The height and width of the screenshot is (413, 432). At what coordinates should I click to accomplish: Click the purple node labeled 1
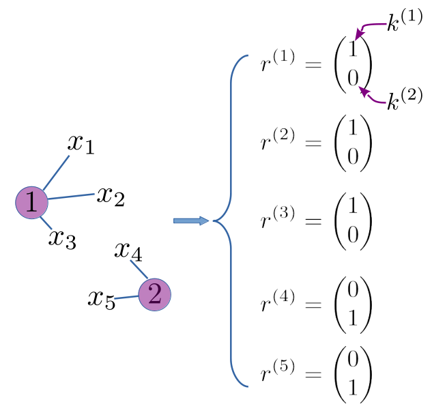[x=31, y=202]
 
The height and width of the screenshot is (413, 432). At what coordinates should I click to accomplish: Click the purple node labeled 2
[x=154, y=295]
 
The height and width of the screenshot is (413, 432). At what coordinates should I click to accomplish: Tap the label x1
[x=81, y=143]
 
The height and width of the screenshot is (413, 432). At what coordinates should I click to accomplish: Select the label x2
[x=111, y=196]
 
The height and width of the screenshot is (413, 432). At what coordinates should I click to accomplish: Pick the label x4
[x=128, y=251]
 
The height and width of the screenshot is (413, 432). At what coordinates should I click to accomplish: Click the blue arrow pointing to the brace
[x=191, y=220]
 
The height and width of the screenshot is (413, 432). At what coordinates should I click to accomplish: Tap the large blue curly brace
[x=231, y=220]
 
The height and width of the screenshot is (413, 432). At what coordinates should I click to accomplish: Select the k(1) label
[x=405, y=24]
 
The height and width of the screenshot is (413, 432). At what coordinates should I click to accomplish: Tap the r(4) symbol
[x=278, y=302]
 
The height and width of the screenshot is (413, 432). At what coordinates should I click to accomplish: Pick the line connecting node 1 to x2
[x=70, y=197]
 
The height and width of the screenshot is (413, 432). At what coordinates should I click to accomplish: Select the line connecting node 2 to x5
[x=126, y=298]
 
